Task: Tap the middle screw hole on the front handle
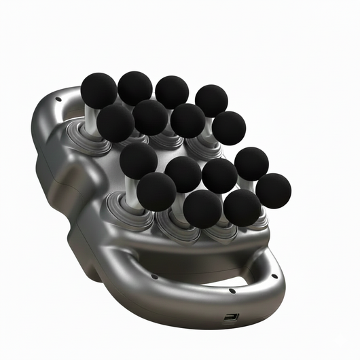point(232,291)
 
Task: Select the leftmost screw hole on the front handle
point(155,276)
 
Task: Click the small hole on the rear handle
point(57,99)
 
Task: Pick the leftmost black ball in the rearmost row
point(98,90)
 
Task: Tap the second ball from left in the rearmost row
point(135,88)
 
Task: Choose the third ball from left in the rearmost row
point(172,92)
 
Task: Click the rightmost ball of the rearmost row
point(211,101)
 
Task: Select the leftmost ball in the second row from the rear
point(115,122)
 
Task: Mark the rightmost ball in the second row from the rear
point(229,128)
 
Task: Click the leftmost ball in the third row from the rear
point(139,160)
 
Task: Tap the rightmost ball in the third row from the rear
point(251,163)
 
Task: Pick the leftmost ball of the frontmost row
point(156,191)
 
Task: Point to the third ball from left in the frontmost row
point(242,207)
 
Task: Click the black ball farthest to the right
point(274,190)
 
